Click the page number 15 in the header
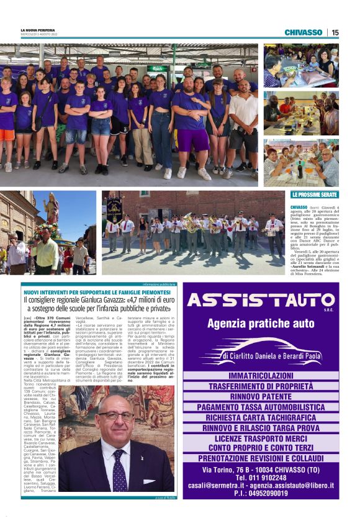click(x=335, y=32)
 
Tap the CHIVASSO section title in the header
click(x=303, y=32)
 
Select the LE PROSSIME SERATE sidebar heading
click(x=314, y=195)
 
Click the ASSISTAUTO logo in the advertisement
click(x=261, y=301)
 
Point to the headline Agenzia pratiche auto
click(x=261, y=324)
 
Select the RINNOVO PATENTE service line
click(x=261, y=396)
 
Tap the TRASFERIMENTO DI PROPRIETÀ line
click(x=261, y=386)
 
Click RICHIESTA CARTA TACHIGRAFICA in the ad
click(x=261, y=417)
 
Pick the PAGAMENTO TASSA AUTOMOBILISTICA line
click(x=261, y=407)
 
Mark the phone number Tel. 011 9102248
click(x=261, y=478)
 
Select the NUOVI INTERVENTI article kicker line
click(x=96, y=291)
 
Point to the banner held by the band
click(x=114, y=211)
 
